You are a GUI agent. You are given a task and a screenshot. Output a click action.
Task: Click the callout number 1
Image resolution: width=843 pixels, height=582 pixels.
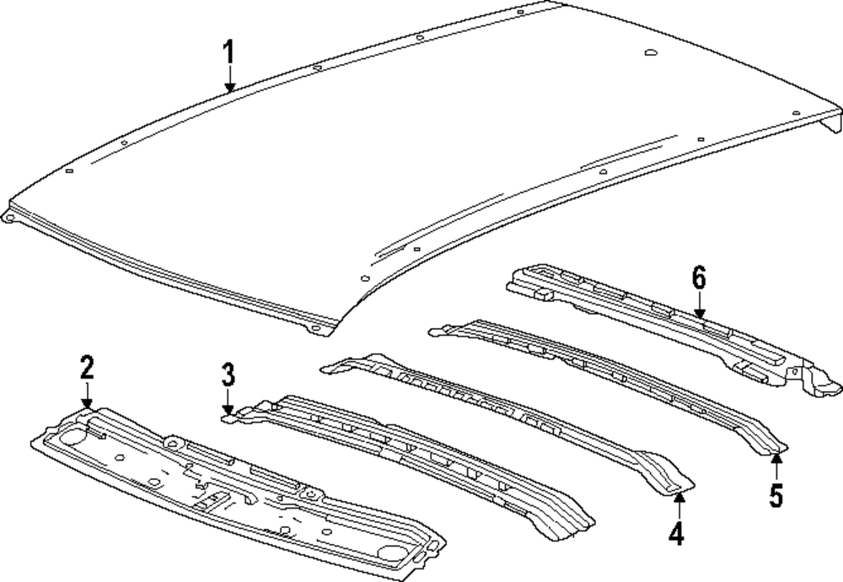click(228, 55)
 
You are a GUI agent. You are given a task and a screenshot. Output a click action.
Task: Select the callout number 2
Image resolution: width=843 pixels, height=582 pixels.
click(87, 367)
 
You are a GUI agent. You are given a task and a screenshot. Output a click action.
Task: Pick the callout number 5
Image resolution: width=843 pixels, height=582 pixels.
click(776, 494)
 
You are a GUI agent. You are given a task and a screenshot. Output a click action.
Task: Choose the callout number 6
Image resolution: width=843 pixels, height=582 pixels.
click(699, 278)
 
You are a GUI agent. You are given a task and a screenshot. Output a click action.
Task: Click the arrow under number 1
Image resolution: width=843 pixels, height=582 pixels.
click(229, 82)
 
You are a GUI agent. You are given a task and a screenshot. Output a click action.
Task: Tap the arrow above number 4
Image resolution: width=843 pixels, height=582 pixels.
click(679, 504)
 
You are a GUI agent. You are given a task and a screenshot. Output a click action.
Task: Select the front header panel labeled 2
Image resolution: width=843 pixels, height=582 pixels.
click(236, 489)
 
